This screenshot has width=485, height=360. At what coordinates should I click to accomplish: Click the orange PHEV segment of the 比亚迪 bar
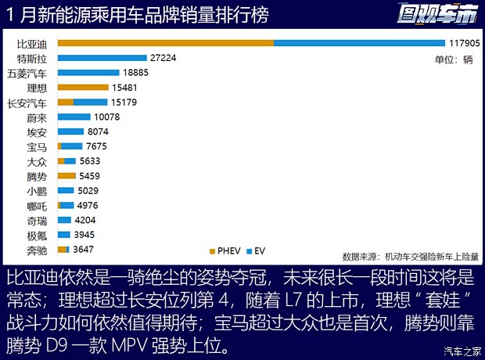pos(165,43)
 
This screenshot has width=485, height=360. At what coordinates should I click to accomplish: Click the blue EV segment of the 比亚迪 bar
pos(359,43)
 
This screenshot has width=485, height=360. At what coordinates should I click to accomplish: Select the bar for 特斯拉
pos(102,58)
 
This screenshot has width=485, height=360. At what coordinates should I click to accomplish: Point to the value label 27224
pos(165,58)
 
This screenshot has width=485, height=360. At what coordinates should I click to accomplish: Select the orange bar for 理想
pos(77,88)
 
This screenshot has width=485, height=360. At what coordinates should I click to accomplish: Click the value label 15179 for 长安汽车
pos(125,103)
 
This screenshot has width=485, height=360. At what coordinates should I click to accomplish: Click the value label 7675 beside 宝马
pos(99,146)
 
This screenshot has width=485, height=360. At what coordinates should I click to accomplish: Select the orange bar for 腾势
pos(66,176)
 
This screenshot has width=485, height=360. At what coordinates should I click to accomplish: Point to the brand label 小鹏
pos(36,191)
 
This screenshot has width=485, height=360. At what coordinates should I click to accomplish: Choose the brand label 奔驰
pos(36,250)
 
